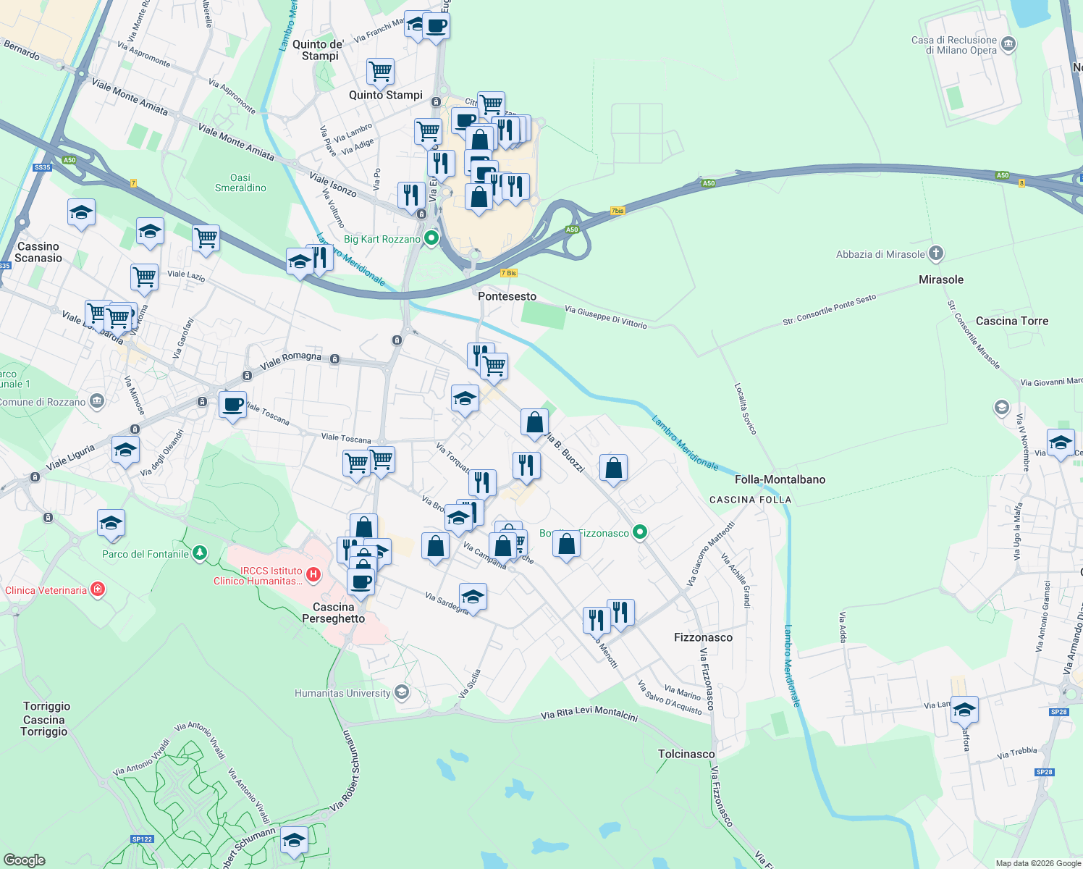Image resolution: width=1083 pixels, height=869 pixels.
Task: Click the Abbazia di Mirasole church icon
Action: tap(936, 253)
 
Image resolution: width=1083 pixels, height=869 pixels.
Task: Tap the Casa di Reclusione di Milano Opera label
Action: tap(954, 45)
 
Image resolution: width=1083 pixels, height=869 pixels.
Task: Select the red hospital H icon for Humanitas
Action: tap(313, 575)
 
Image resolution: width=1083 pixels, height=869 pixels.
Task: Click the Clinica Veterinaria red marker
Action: tap(98, 589)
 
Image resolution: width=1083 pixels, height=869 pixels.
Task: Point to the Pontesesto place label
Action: tap(507, 296)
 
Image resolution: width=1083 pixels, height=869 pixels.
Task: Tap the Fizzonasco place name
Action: tap(703, 637)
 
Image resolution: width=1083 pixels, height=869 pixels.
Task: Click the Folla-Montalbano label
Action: tap(780, 479)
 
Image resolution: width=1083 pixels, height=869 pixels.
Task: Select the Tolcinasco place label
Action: tap(686, 754)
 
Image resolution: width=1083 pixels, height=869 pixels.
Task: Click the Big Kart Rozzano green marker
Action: tap(431, 238)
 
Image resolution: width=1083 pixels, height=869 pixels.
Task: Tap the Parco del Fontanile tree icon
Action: tap(200, 553)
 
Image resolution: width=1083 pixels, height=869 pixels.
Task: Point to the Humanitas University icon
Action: tap(402, 692)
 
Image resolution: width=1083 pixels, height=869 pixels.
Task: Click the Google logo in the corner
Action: tap(24, 860)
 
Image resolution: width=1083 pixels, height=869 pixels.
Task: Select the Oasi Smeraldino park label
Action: tap(240, 182)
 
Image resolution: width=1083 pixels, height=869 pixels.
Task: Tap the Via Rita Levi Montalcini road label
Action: tap(589, 714)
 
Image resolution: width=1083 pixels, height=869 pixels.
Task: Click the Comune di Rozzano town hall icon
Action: tap(98, 401)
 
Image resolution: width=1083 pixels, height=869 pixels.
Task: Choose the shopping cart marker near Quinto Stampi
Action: tap(380, 72)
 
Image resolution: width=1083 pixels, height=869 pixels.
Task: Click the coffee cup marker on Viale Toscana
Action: tap(232, 405)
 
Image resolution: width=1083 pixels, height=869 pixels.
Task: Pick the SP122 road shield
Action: tap(142, 839)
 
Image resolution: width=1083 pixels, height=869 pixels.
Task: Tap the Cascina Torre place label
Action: tap(1011, 321)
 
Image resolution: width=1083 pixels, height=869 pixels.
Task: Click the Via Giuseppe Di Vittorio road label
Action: tap(605, 316)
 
